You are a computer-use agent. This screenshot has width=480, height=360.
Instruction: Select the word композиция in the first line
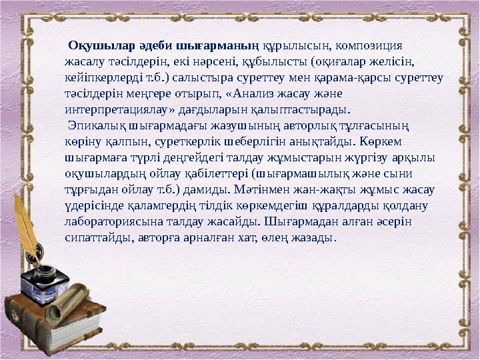(368, 46)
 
